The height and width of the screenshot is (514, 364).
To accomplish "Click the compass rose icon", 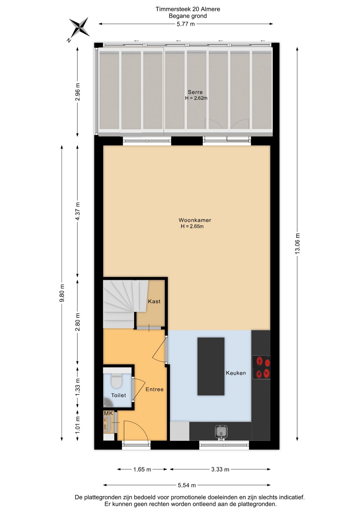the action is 79,27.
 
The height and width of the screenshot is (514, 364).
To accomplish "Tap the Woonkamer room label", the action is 195,220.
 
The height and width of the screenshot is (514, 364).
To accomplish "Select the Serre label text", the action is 195,92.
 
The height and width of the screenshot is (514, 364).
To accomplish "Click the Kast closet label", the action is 154,301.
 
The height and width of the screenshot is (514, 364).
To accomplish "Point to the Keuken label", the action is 236,373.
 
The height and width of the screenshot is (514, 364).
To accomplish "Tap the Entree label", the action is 154,389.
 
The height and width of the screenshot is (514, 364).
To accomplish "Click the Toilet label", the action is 118,395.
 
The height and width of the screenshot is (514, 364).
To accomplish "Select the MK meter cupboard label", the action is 109,413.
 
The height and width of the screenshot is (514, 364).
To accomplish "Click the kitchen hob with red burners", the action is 261,367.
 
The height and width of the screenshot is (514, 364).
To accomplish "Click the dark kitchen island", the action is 211,366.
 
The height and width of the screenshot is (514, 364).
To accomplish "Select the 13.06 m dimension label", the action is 297,243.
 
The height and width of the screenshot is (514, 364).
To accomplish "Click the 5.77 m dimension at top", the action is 186,24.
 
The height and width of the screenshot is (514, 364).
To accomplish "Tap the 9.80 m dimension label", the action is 62,293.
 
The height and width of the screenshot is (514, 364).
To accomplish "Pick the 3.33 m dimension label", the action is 220,469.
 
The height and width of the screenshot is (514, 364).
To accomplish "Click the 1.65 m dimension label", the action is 142,469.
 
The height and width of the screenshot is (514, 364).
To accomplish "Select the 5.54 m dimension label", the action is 187,485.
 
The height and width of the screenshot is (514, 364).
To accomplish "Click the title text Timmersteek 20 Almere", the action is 188,9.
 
